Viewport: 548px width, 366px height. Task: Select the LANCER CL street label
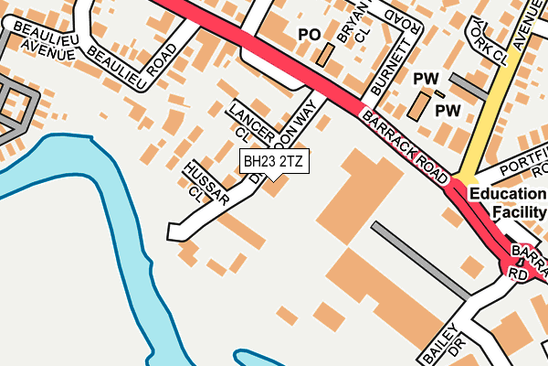[245, 122]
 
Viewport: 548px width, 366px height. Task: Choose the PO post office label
[310, 35]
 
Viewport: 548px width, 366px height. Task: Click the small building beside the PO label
[324, 55]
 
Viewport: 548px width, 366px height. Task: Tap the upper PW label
[427, 79]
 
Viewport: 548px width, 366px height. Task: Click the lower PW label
[448, 111]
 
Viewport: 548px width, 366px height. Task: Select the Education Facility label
[506, 203]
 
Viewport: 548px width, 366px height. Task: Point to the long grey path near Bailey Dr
[421, 260]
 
